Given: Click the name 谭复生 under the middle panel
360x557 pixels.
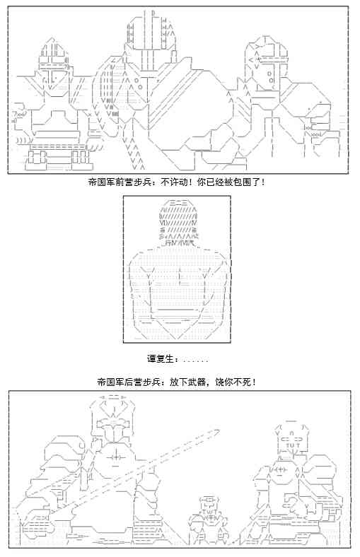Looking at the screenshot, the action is pos(161,359).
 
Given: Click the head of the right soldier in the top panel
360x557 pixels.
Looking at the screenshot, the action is pos(266,66).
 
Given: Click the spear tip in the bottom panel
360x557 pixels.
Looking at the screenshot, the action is pos(215,432).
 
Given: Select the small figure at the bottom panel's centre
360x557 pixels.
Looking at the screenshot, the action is pos(209,521).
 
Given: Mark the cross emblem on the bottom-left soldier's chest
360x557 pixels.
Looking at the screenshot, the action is pos(115,457).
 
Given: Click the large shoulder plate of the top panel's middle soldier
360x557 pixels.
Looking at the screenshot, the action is pos(188,107).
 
